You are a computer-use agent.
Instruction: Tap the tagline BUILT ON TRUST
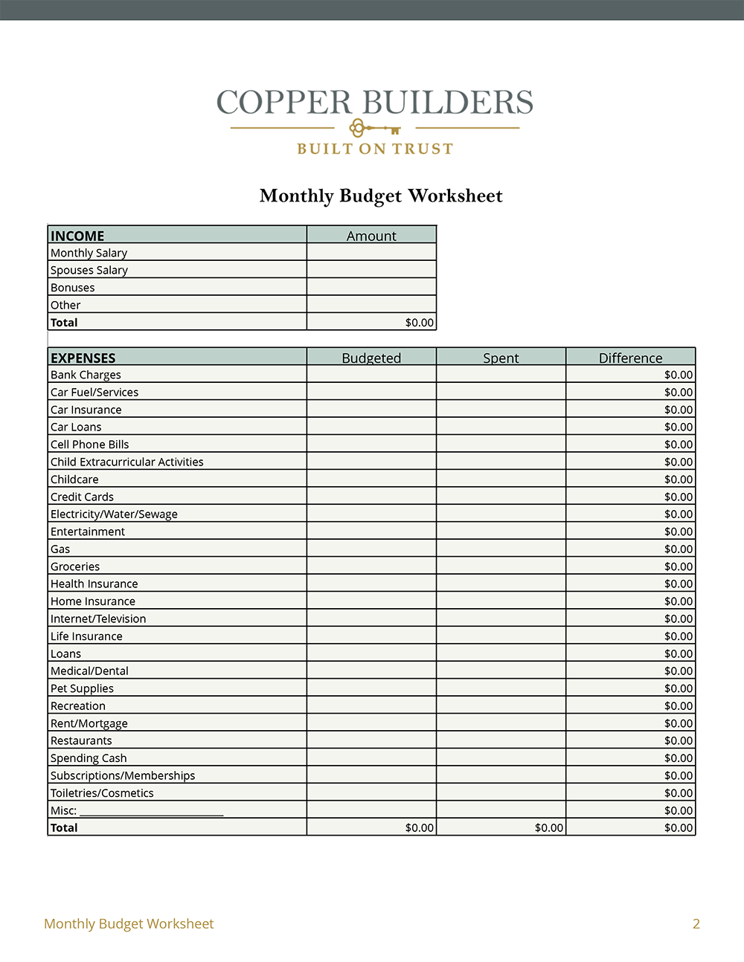(x=375, y=149)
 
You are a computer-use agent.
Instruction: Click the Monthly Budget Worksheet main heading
(x=381, y=196)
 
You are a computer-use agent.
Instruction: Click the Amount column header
(x=371, y=236)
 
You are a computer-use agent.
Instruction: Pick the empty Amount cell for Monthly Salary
(x=371, y=253)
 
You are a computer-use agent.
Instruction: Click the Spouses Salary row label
(x=89, y=270)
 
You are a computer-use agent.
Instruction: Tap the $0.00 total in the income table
(x=419, y=323)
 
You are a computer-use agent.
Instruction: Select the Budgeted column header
(x=371, y=358)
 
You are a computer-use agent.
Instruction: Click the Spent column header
(x=501, y=358)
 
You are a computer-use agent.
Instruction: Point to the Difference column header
(x=630, y=358)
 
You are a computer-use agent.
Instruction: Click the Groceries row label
(x=75, y=566)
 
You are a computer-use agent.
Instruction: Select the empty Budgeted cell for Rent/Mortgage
(x=371, y=723)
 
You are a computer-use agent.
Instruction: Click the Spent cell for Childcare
(x=501, y=480)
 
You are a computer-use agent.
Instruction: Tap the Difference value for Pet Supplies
(x=678, y=688)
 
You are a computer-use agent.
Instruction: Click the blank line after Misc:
(x=151, y=811)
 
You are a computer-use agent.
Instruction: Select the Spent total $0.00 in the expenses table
(x=548, y=827)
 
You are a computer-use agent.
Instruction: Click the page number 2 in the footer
(x=696, y=924)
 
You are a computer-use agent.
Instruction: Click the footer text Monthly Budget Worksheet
(x=129, y=924)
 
